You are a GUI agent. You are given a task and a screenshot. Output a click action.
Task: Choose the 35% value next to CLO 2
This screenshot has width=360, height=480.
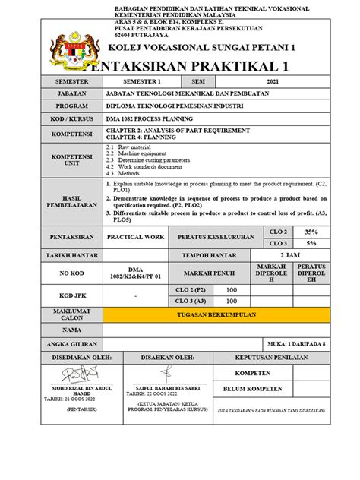pyautogui.click(x=311, y=231)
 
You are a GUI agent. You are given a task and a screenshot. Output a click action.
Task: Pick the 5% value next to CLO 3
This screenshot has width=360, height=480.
pyautogui.click(x=311, y=243)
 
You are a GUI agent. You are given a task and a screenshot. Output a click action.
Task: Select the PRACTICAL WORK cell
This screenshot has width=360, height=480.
pyautogui.click(x=136, y=237)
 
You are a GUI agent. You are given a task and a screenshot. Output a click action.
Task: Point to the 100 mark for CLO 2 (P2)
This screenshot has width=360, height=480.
pyautogui.click(x=232, y=290)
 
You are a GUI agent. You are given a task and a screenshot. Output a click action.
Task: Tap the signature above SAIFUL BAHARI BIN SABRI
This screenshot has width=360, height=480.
pyautogui.click(x=165, y=372)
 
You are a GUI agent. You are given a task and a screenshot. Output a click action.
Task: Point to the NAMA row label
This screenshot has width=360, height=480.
pyautogui.click(x=72, y=330)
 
